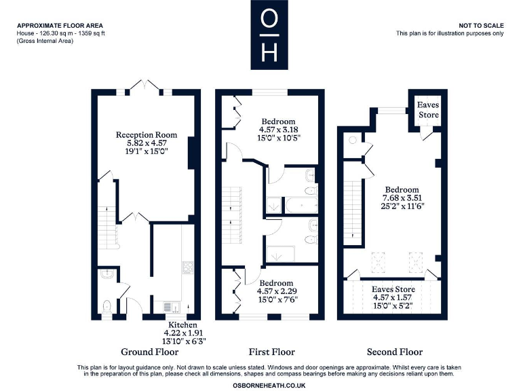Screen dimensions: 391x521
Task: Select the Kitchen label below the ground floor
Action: coord(183,326)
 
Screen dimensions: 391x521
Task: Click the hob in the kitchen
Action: coord(187,267)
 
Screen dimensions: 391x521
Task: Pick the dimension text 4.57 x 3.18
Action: coord(278,129)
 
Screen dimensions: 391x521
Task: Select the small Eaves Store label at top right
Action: coord(428,110)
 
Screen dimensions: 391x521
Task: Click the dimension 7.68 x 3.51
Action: coord(402,199)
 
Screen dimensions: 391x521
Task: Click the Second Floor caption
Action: coord(394,352)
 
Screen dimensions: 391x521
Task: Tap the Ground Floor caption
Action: coord(149,352)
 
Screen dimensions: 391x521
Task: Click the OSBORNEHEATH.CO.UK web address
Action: coord(268,385)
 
